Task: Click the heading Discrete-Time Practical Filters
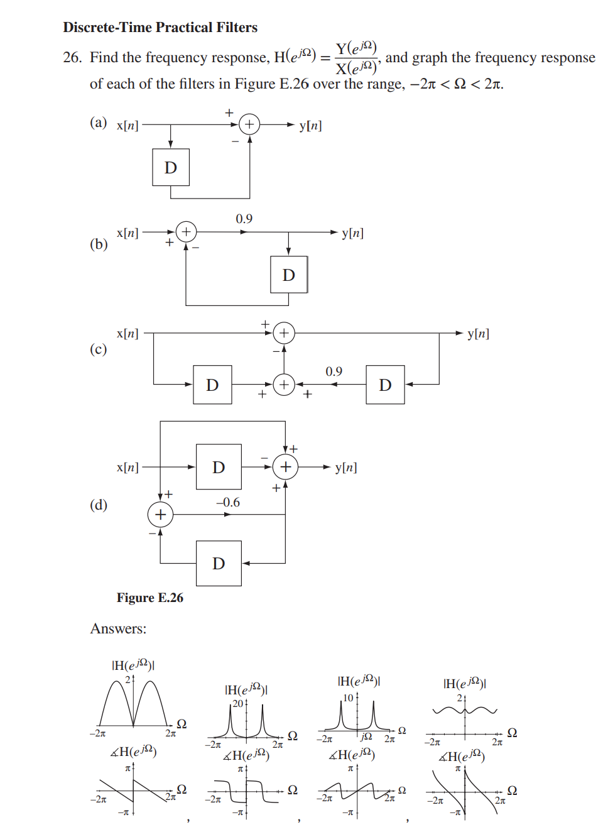(x=160, y=27)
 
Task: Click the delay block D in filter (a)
(x=171, y=167)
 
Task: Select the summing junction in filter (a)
(x=249, y=124)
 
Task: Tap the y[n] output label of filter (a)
(x=310, y=125)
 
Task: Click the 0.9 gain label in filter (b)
(x=244, y=219)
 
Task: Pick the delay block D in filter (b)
(x=289, y=275)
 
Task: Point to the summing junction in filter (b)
(x=186, y=232)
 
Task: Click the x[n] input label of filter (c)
(x=127, y=333)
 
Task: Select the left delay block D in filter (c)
(x=212, y=385)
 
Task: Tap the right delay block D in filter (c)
(x=385, y=385)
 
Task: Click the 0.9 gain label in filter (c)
(x=334, y=371)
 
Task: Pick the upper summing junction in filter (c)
(x=284, y=333)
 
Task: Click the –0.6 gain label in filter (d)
(x=227, y=502)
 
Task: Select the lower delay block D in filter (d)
(x=219, y=563)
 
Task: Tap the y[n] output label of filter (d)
(x=346, y=467)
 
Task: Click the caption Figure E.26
(x=149, y=598)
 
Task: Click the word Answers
(x=118, y=628)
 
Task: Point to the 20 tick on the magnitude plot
(x=238, y=703)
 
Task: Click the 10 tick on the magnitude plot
(x=348, y=698)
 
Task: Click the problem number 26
(x=72, y=58)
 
